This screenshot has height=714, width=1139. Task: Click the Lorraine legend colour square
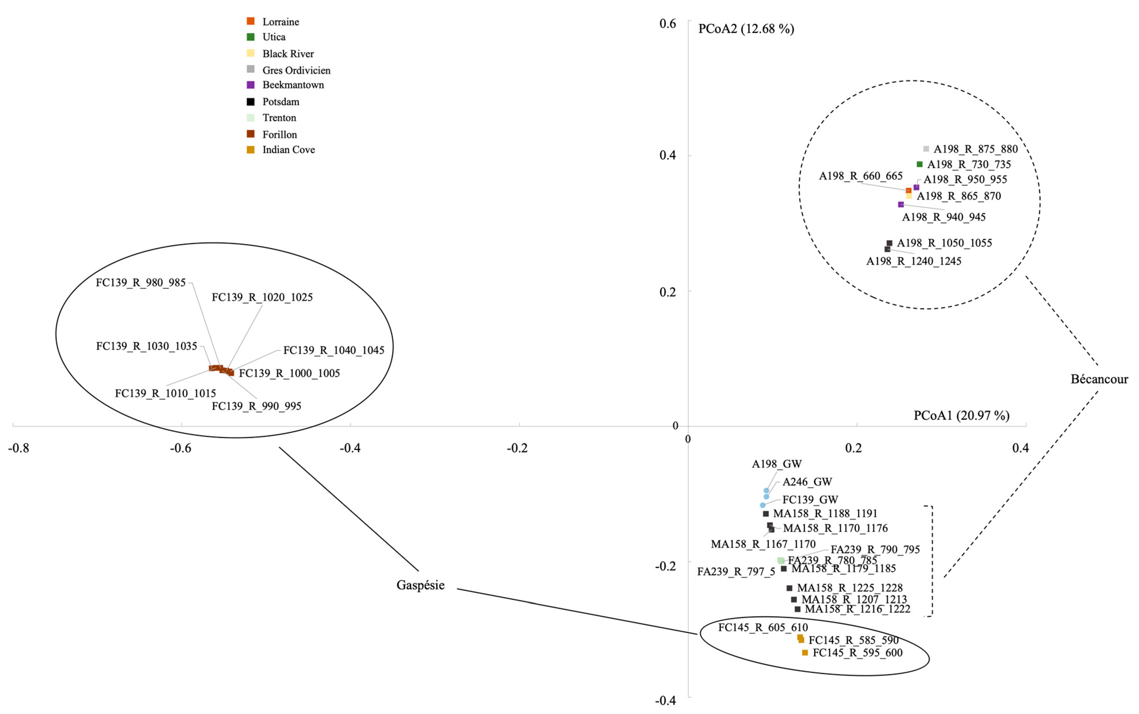[250, 21]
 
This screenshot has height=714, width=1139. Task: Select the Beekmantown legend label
[293, 85]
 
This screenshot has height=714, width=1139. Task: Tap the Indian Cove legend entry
[288, 150]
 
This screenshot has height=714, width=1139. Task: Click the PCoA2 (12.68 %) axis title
[746, 29]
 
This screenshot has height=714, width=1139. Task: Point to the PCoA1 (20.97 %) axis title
[961, 416]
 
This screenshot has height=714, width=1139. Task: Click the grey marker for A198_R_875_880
[926, 149]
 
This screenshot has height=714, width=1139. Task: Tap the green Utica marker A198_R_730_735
[919, 164]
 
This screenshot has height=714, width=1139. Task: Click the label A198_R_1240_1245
[913, 261]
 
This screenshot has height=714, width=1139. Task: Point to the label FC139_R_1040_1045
[333, 350]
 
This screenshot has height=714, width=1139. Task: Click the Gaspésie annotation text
[420, 585]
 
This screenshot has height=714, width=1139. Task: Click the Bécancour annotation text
[1099, 379]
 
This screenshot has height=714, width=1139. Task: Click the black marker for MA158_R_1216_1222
[797, 609]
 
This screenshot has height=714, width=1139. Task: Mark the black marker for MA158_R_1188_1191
[766, 513]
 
